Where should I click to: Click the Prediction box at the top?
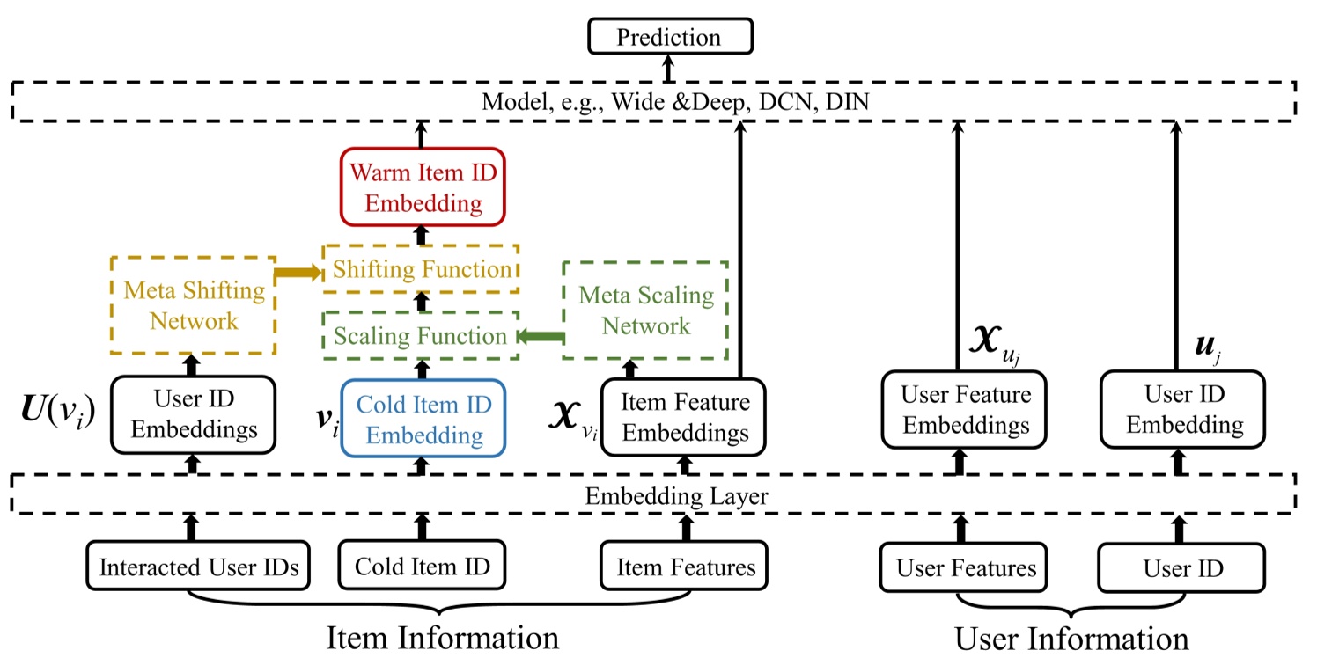(x=668, y=37)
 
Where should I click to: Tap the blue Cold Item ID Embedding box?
(x=423, y=419)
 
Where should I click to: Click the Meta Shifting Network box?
(x=194, y=305)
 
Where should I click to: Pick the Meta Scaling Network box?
(x=645, y=311)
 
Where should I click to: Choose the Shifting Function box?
(x=422, y=268)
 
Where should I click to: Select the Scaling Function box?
(x=420, y=335)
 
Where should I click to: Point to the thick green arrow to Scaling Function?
(x=540, y=335)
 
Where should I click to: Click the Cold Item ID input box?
(x=423, y=567)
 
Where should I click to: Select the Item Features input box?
(x=684, y=567)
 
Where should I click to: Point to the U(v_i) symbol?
(x=57, y=410)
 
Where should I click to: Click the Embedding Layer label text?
(x=676, y=496)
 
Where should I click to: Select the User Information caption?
(x=1071, y=638)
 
